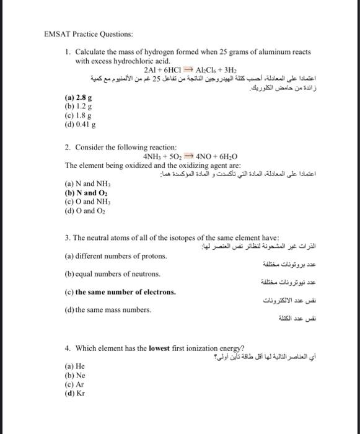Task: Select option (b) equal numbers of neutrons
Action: tap(112, 273)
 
